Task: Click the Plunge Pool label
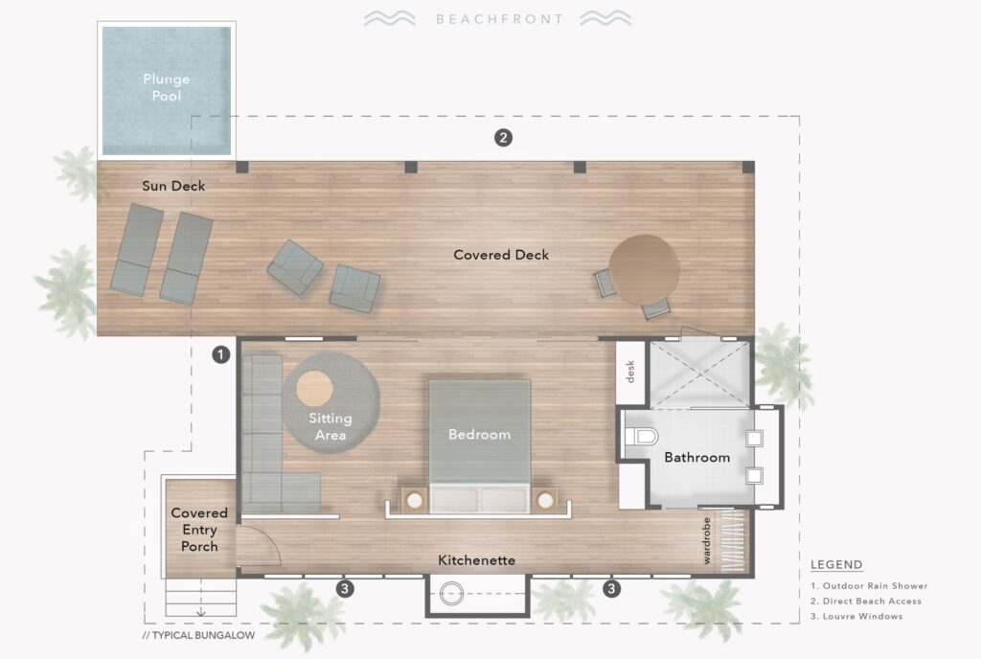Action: point(166,87)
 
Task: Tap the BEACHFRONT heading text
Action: point(498,18)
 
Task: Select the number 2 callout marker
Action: point(503,138)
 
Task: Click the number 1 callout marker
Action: point(221,354)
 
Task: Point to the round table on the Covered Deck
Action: point(644,267)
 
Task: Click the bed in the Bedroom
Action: point(479,436)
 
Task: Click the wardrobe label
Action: point(707,541)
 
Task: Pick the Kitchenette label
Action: point(477,559)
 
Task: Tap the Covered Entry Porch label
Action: point(199,530)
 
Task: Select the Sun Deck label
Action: point(173,186)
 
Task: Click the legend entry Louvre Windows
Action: point(862,616)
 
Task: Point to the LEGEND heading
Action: point(835,565)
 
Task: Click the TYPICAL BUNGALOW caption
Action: point(197,635)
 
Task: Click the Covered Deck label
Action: point(501,255)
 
